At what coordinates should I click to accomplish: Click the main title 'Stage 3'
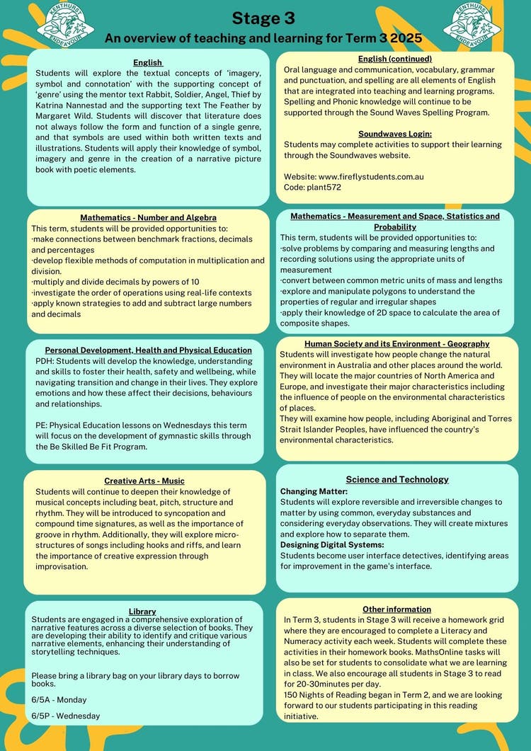pyautogui.click(x=263, y=18)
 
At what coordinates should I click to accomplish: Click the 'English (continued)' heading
pyautogui.click(x=395, y=59)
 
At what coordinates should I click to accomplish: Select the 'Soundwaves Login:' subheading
pyautogui.click(x=394, y=134)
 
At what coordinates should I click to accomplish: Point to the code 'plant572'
pyautogui.click(x=325, y=187)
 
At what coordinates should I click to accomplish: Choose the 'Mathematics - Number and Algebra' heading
pyautogui.click(x=148, y=217)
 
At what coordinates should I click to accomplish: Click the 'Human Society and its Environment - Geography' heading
pyautogui.click(x=396, y=344)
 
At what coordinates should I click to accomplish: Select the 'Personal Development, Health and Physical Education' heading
pyautogui.click(x=148, y=350)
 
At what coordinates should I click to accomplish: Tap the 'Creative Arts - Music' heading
pyautogui.click(x=144, y=481)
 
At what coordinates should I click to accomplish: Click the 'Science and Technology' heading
pyautogui.click(x=397, y=479)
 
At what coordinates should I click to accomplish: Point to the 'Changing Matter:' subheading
pyautogui.click(x=314, y=491)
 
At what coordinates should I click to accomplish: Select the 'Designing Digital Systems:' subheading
pyautogui.click(x=332, y=544)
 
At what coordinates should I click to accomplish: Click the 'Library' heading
pyautogui.click(x=142, y=611)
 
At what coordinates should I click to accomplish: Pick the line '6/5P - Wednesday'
pyautogui.click(x=66, y=716)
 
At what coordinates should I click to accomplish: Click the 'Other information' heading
pyautogui.click(x=396, y=609)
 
